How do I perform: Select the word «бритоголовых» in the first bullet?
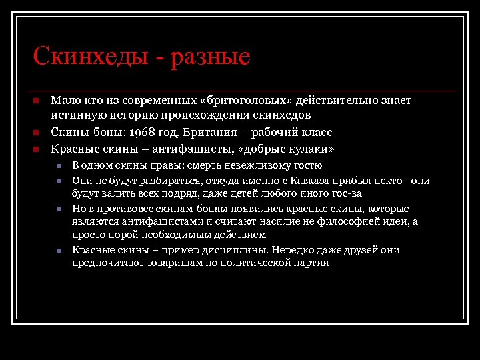246,101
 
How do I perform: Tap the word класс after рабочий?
317,132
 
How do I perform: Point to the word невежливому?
257,165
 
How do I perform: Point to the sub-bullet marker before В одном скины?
59,166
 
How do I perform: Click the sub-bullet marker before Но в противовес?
59,209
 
